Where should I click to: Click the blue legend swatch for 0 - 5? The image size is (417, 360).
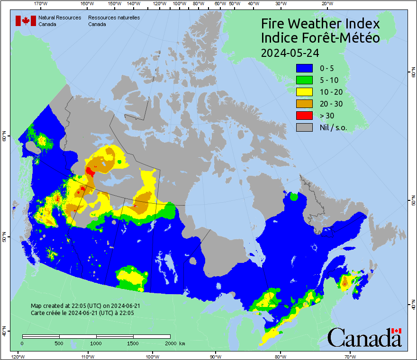pos(304,68)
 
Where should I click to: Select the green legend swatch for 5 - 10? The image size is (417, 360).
pos(304,80)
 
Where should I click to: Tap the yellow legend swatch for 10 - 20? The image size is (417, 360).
pos(304,91)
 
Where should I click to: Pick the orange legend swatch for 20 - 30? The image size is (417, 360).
pos(304,103)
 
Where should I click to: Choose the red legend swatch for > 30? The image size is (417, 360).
pos(304,115)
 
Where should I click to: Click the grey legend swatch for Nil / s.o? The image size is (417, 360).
pos(304,127)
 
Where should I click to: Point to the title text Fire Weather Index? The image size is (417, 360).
pos(320,24)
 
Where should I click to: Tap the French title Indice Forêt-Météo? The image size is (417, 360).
pos(320,38)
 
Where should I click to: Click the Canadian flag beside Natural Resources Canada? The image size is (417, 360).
pos(26,20)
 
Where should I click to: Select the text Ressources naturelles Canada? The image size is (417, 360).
pos(114,20)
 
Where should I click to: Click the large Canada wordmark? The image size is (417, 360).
pos(364,338)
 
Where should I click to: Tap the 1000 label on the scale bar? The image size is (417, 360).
pos(96,343)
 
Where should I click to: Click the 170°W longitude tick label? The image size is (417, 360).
pos(41,4)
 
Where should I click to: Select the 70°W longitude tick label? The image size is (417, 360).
pos(350,356)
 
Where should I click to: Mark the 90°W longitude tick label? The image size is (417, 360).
pos(216,356)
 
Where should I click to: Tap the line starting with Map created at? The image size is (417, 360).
pos(85,306)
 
